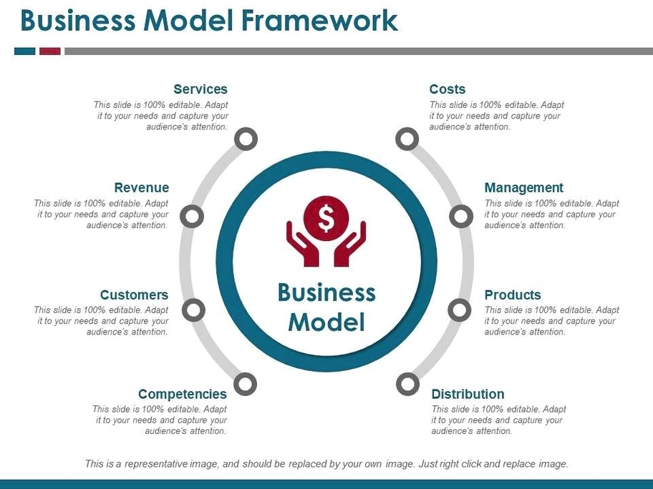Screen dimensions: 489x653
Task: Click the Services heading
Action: [x=200, y=89]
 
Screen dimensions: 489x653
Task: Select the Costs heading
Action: [x=448, y=89]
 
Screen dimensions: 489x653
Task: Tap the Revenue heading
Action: [x=142, y=188]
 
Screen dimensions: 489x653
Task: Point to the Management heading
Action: [x=524, y=188]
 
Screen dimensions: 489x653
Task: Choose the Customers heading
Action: [x=134, y=295]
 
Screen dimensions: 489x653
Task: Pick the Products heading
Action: [x=513, y=295]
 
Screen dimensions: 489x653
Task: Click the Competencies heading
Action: [x=183, y=394]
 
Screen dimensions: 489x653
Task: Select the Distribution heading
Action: [x=468, y=394]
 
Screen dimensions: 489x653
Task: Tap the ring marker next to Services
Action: [x=246, y=139]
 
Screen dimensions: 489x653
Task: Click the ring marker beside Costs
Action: [x=407, y=139]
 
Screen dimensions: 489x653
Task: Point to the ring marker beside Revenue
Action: [x=192, y=216]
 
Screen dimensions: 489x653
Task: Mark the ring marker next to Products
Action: [x=460, y=310]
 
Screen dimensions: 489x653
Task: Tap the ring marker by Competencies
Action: [x=245, y=384]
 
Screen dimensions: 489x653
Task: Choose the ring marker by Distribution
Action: [x=407, y=384]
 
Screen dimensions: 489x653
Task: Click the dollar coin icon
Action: [x=326, y=218]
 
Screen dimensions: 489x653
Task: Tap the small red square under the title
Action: [x=49, y=51]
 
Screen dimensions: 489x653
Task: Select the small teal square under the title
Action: [x=25, y=51]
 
